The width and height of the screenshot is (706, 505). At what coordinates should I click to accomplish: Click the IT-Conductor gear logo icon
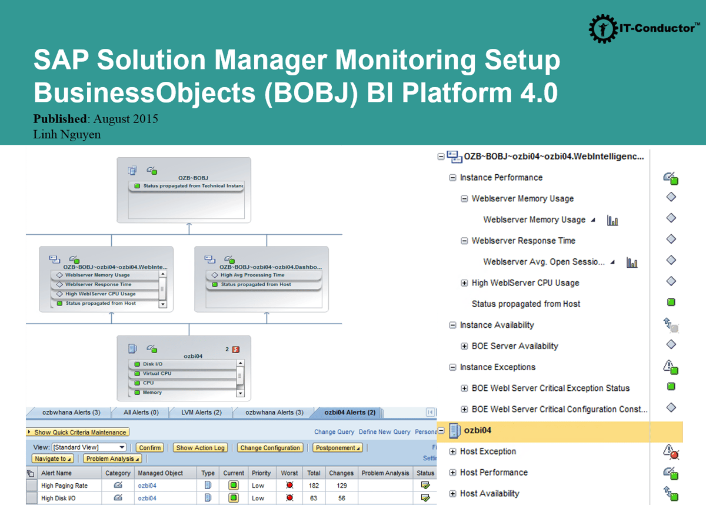click(602, 28)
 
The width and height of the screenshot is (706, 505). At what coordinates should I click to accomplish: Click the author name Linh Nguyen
click(67, 135)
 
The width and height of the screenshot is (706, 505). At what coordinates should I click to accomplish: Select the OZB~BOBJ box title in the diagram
click(193, 177)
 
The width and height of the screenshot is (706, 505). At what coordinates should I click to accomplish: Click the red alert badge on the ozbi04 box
click(236, 349)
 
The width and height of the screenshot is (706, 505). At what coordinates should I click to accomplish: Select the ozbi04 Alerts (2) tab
click(349, 413)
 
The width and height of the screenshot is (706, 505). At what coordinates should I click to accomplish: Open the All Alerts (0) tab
click(141, 413)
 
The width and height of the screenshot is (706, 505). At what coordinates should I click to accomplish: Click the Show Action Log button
click(200, 448)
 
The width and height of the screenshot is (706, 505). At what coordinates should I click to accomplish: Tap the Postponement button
click(337, 448)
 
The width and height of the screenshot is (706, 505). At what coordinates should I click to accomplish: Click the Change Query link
click(334, 432)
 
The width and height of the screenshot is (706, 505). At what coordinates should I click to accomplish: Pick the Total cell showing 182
click(314, 486)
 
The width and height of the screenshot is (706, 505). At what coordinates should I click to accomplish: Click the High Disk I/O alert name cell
click(58, 499)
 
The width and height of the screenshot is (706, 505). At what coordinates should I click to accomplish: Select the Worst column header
click(289, 473)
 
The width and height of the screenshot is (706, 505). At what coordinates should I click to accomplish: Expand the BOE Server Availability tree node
click(464, 346)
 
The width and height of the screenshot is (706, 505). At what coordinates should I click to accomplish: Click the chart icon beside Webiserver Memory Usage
click(612, 221)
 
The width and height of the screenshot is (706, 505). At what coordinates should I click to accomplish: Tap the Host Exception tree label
click(488, 451)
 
